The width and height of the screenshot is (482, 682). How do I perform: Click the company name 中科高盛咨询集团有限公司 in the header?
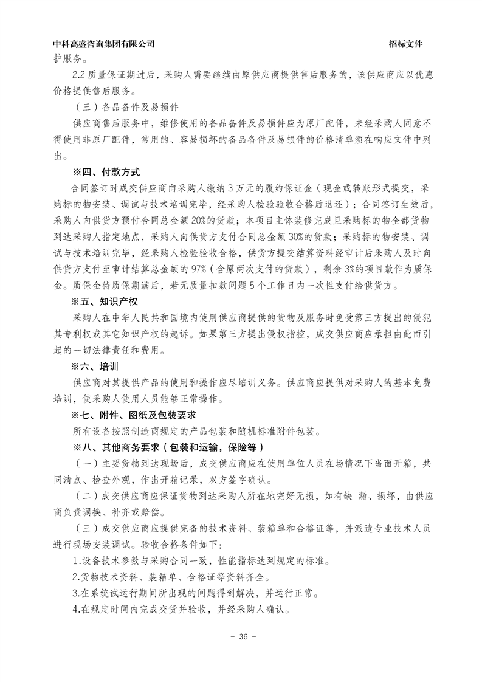pyautogui.click(x=104, y=44)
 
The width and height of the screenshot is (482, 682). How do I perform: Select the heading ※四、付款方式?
pyautogui.click(x=106, y=172)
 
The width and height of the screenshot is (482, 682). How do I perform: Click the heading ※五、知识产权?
pyautogui.click(x=106, y=301)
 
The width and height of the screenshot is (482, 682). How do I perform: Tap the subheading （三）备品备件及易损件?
pyautogui.click(x=125, y=107)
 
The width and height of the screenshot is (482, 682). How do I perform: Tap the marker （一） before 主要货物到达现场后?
pyautogui.click(x=83, y=463)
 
